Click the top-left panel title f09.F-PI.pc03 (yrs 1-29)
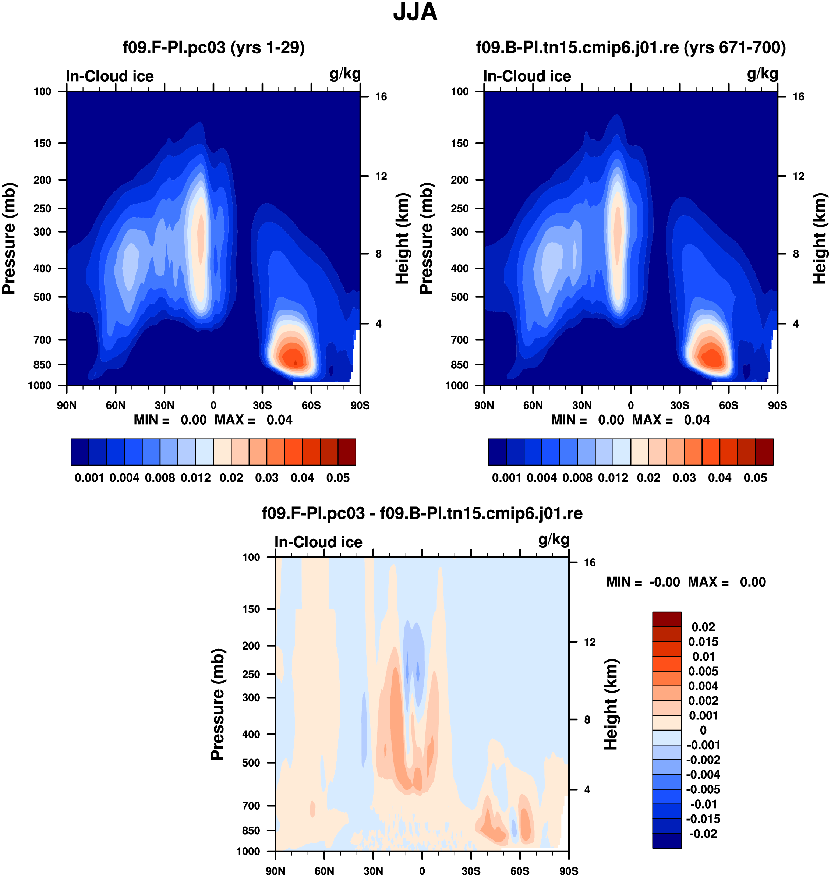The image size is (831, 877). click(213, 47)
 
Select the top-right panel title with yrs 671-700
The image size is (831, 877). click(631, 47)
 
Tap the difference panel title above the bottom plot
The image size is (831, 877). click(422, 513)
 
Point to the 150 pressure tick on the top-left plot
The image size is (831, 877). click(43, 143)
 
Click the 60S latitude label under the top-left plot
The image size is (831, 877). click(311, 405)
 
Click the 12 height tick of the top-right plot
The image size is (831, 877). click(798, 176)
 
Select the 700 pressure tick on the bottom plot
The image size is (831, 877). click(251, 806)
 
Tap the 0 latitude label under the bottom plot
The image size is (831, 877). click(422, 871)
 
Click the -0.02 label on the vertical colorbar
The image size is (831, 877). click(703, 834)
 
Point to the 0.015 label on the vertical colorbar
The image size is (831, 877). click(703, 642)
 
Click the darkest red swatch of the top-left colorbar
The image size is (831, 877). click(347, 452)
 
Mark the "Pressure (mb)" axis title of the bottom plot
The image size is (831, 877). click(218, 704)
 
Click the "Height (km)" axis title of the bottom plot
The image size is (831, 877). click(611, 704)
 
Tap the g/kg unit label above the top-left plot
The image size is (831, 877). click(345, 74)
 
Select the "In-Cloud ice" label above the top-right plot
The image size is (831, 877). click(527, 76)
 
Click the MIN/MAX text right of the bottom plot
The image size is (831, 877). click(686, 582)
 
